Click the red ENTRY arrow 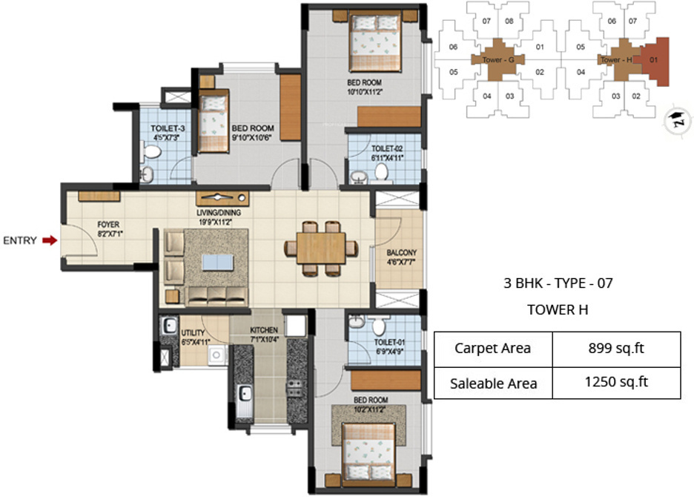pyautogui.click(x=50, y=240)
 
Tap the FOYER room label pyautogui.click(x=108, y=223)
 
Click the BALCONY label pyautogui.click(x=401, y=253)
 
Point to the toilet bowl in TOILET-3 pyautogui.click(x=152, y=152)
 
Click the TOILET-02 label pyautogui.click(x=387, y=148)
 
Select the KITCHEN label pyautogui.click(x=264, y=330)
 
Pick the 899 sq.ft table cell pyautogui.click(x=616, y=349)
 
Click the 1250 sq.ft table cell pyautogui.click(x=616, y=382)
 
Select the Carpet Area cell pyautogui.click(x=492, y=349)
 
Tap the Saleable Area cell pyautogui.click(x=493, y=383)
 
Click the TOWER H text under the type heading pyautogui.click(x=558, y=310)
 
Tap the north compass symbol pyautogui.click(x=676, y=116)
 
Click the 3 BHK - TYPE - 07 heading pyautogui.click(x=558, y=283)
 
